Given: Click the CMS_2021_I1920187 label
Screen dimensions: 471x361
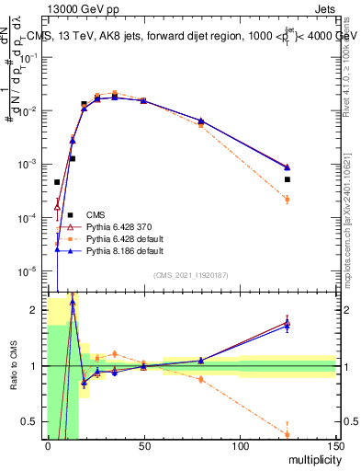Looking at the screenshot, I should click(191, 275).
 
